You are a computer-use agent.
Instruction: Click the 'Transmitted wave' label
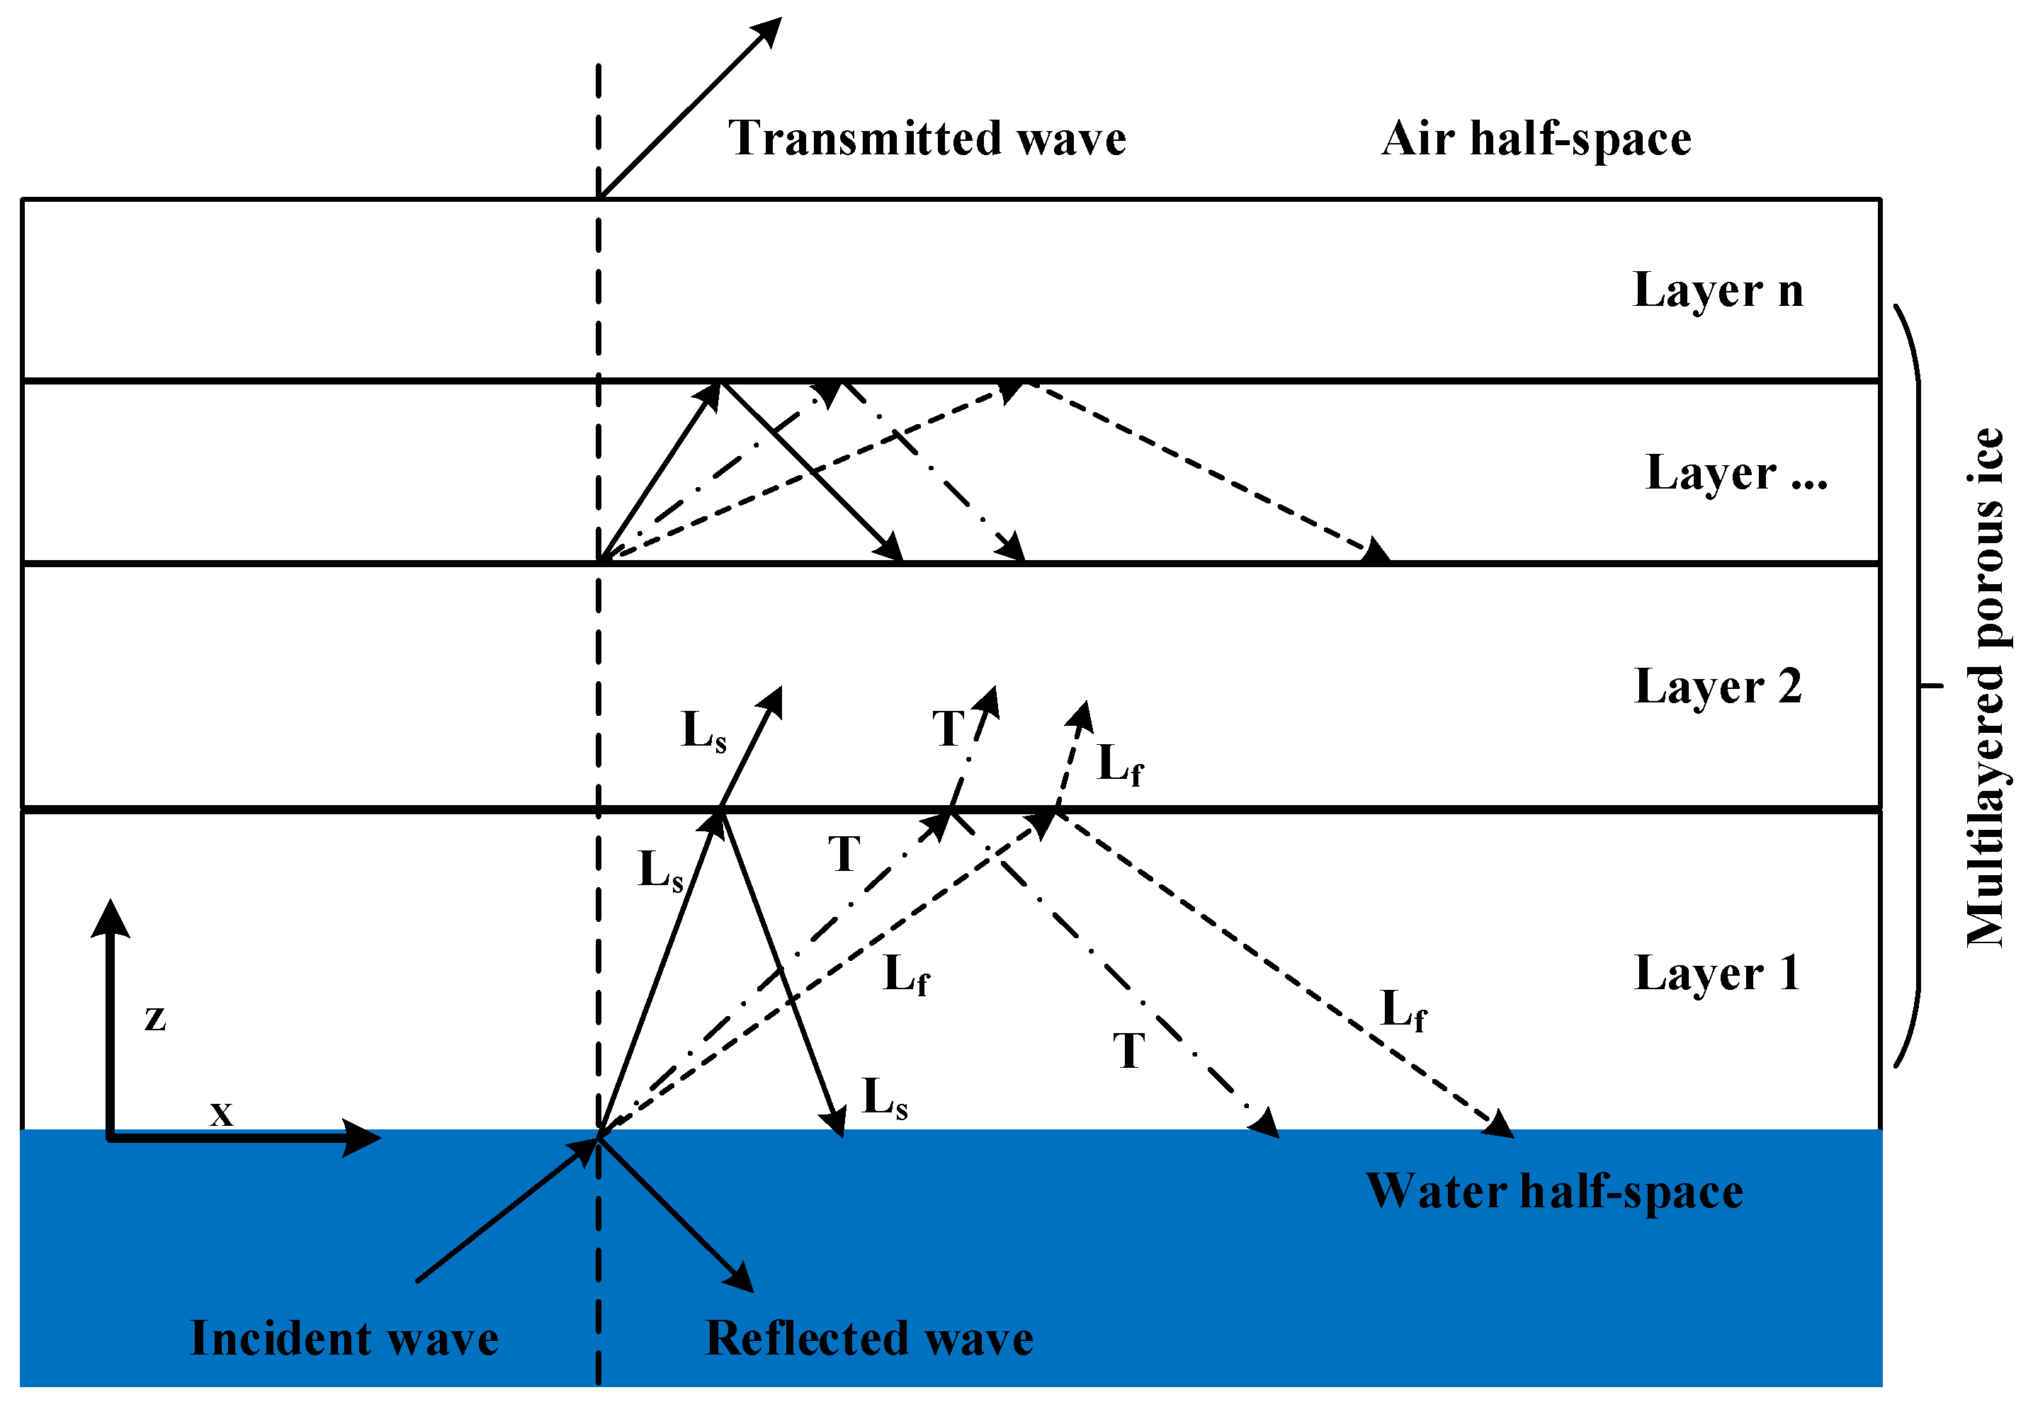click(x=927, y=139)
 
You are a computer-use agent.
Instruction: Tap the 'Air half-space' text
click(x=1536, y=139)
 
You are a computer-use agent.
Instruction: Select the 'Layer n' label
click(x=1718, y=290)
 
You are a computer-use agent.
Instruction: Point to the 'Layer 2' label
click(x=1718, y=686)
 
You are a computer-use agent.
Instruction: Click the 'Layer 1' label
click(x=1718, y=974)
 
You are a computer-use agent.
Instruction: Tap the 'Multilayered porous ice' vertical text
click(x=1985, y=688)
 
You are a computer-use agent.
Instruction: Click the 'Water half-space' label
click(x=1554, y=1192)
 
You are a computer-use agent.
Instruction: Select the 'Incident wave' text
click(x=344, y=1339)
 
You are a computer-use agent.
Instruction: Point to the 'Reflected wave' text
click(x=869, y=1339)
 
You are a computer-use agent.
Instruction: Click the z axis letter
click(x=156, y=1018)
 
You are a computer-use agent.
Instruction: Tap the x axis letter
click(x=222, y=1114)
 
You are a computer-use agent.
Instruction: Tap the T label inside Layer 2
click(x=948, y=729)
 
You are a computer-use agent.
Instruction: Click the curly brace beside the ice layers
click(x=1915, y=686)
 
